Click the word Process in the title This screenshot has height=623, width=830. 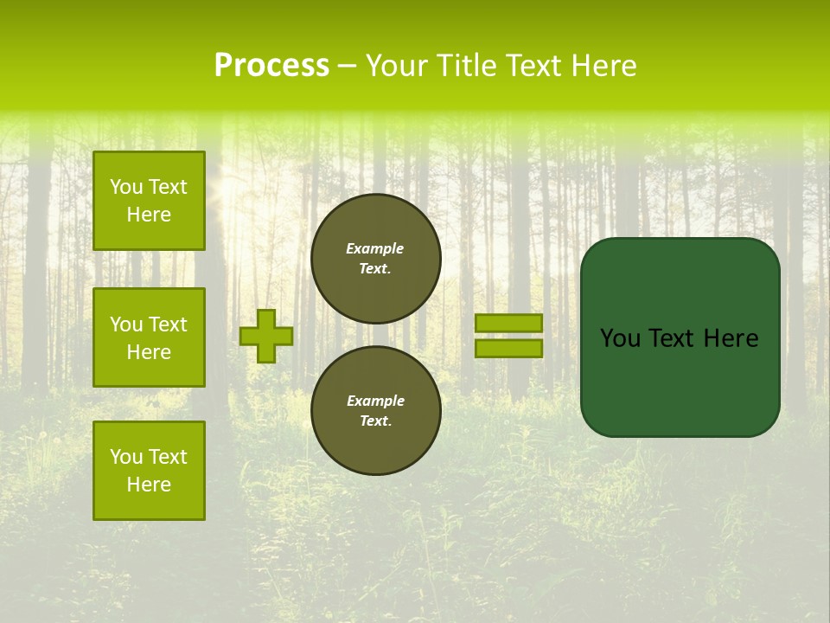271,66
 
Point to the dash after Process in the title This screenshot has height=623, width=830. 347,67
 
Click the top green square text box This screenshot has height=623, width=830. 149,201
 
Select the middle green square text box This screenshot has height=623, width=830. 149,337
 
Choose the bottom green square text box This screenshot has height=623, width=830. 149,470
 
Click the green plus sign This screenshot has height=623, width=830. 266,337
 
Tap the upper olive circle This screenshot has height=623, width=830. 376,259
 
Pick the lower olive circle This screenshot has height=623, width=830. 376,410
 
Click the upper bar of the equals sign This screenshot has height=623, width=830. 508,323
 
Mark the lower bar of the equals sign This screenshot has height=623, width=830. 508,348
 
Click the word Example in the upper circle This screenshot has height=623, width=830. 375,248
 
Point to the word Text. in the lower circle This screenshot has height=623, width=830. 375,421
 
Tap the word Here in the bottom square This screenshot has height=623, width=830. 149,485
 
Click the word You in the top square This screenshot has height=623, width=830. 126,187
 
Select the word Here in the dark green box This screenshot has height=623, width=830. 731,338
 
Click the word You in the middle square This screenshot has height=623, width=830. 126,324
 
